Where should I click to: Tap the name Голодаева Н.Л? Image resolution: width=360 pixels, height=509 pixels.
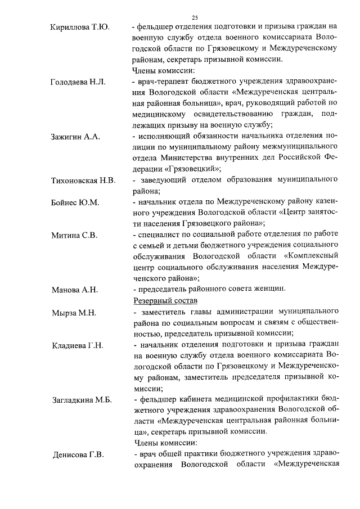click(x=78, y=82)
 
